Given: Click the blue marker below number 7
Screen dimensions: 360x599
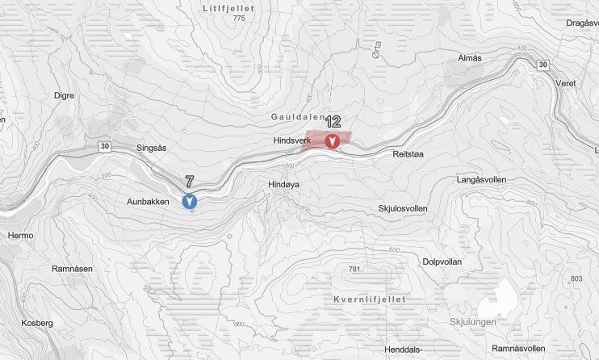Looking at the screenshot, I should coord(190,201).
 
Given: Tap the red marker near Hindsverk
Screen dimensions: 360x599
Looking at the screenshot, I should coord(332,142).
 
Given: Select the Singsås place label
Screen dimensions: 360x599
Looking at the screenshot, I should coord(152,148).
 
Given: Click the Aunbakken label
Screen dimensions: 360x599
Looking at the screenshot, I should coord(149,201).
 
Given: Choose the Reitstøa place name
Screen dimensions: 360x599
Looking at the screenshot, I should coord(408,153).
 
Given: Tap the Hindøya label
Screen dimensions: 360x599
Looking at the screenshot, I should coord(284,184).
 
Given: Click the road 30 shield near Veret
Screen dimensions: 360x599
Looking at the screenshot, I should coord(542,65).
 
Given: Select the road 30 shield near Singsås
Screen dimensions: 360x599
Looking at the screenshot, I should coord(105,146).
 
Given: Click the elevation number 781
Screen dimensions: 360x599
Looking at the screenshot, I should coord(352,269).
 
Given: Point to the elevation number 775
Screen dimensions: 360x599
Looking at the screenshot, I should coord(237,18).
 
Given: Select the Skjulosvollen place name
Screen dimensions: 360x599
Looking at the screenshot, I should coord(403,209).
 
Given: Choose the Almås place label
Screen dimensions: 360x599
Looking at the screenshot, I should coord(469,59).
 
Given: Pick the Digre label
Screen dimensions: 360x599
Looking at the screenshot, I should coord(64,95).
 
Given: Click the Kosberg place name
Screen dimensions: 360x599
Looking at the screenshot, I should coord(37,323).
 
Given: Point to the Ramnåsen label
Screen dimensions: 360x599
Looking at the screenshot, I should coord(72,268).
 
